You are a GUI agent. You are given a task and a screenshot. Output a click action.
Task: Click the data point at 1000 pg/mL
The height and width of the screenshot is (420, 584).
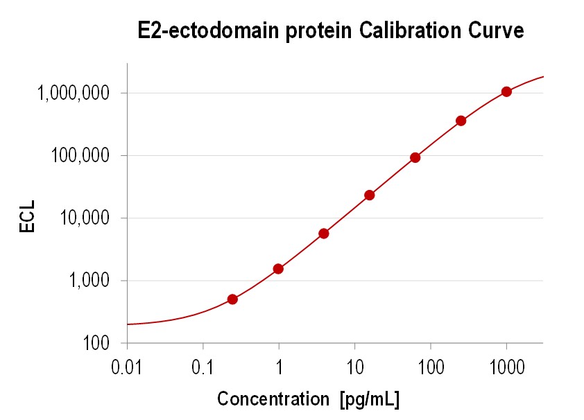pos(506,91)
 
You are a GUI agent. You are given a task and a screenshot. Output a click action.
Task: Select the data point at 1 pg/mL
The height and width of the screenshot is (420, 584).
pos(278,269)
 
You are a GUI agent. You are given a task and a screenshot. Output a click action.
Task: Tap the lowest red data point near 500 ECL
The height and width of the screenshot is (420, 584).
pos(232,299)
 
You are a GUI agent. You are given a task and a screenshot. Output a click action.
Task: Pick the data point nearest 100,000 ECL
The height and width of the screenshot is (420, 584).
pos(415,157)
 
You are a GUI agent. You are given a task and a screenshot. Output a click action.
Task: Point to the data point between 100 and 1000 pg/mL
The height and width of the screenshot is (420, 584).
pos(461,121)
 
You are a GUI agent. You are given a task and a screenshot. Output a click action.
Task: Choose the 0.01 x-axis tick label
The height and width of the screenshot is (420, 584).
pos(127,367)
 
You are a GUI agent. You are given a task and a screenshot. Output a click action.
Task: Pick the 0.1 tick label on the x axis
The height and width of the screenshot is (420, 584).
pos(203,367)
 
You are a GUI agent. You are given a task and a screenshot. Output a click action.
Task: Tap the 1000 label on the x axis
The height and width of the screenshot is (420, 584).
pos(506,367)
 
